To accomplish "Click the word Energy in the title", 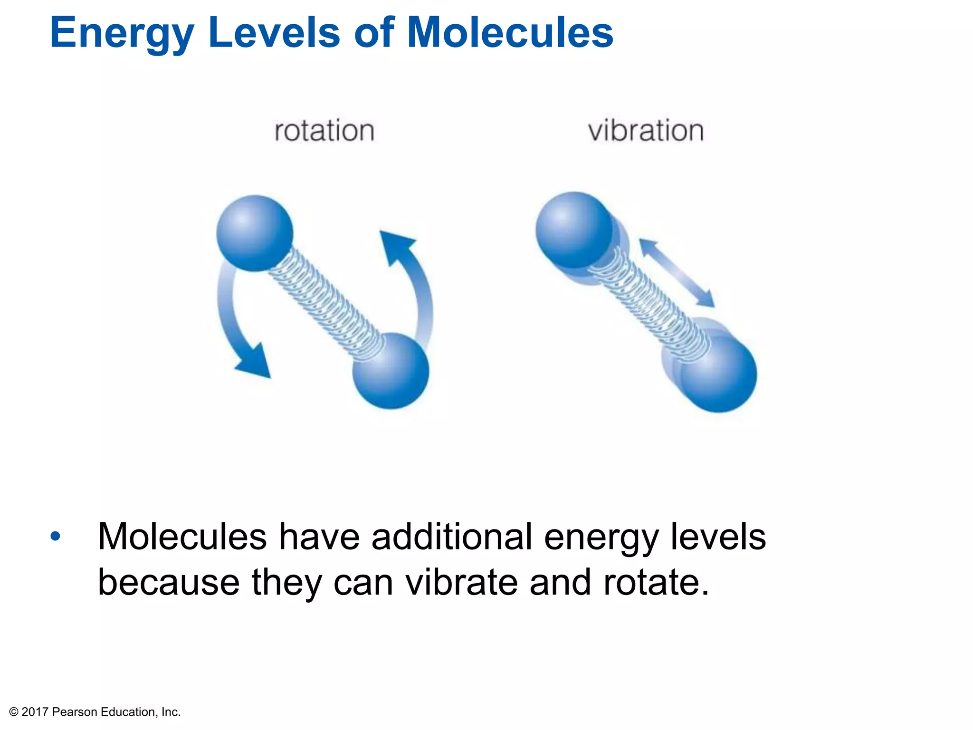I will click(x=122, y=33).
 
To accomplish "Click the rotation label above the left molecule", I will click(x=324, y=131).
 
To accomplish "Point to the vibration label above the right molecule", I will click(x=646, y=131).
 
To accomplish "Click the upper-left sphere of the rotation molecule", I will click(x=255, y=233).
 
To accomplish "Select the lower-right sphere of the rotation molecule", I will click(x=391, y=371).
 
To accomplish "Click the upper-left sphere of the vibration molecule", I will click(x=574, y=230).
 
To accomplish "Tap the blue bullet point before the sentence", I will click(x=56, y=536).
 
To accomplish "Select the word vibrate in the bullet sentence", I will click(x=461, y=583).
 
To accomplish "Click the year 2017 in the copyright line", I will click(x=35, y=712).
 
